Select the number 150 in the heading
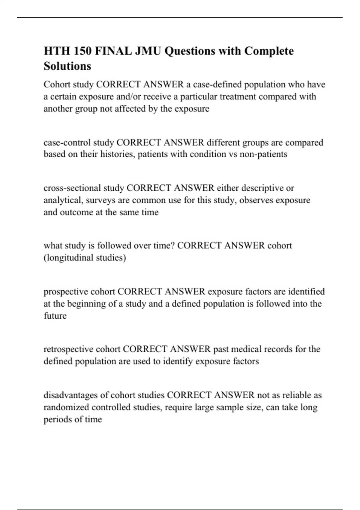pyautogui.click(x=82, y=51)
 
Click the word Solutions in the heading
pyautogui.click(x=67, y=66)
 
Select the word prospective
pyautogui.click(x=66, y=292)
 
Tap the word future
pyautogui.click(x=55, y=316)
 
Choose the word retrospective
pyautogui.click(x=68, y=349)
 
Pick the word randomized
pyautogui.click(x=66, y=407)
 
